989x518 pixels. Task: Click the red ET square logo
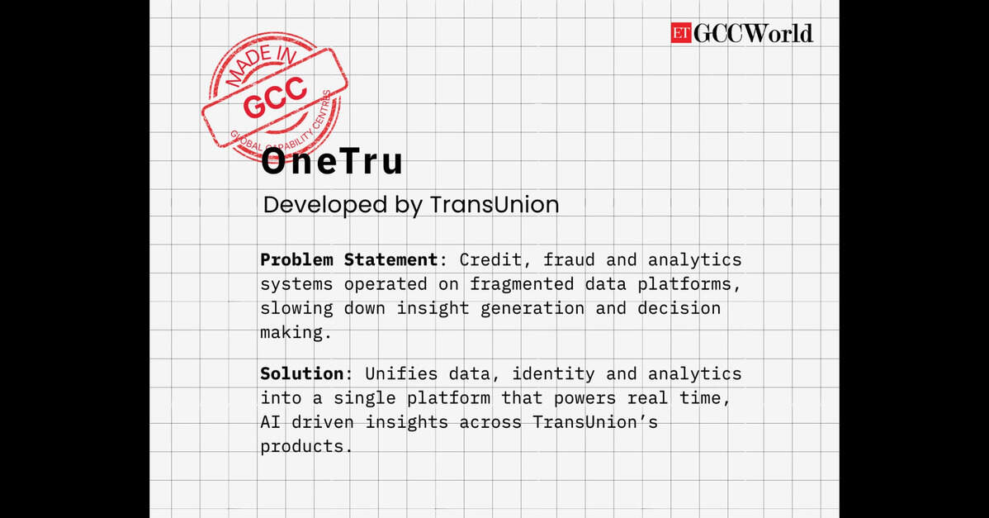[x=681, y=33]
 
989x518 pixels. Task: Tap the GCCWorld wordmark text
[x=753, y=33]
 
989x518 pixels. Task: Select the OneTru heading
[x=332, y=162]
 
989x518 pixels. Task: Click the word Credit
[x=490, y=259]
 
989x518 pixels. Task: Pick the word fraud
[x=569, y=259]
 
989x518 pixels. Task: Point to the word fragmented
[x=522, y=284]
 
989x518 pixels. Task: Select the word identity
[x=553, y=373]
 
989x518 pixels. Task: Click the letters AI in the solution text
[x=270, y=422]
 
